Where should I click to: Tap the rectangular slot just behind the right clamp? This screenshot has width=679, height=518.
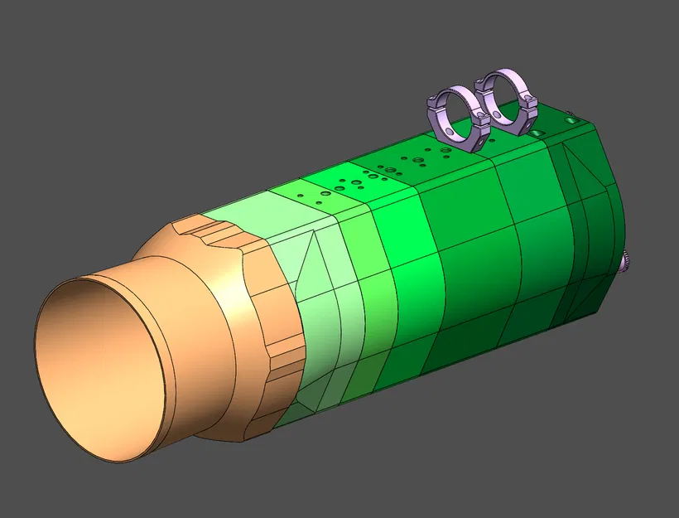point(538,133)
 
